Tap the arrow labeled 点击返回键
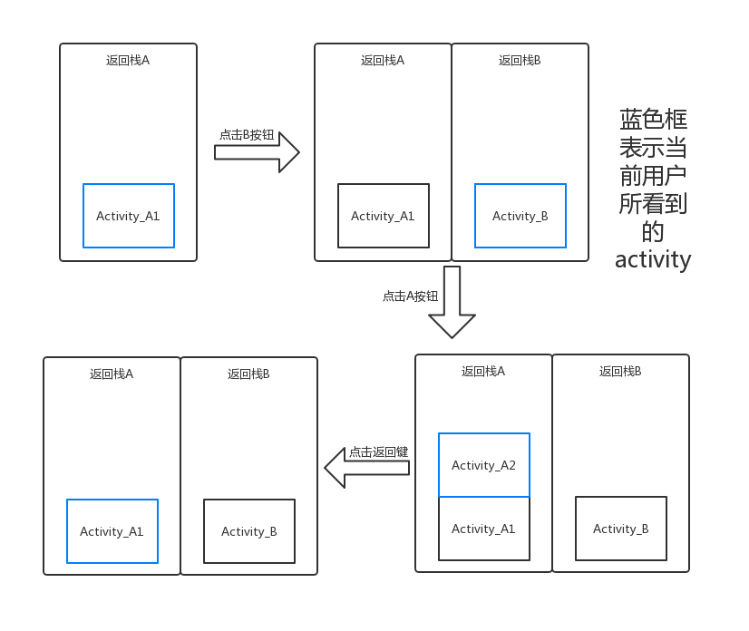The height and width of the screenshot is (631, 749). pyautogui.click(x=366, y=468)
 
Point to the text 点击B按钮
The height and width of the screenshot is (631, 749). pyautogui.click(x=247, y=134)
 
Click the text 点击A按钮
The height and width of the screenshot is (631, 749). pyautogui.click(x=410, y=296)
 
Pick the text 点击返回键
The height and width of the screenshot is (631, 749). pyautogui.click(x=379, y=451)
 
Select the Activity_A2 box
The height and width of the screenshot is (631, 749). pyautogui.click(x=484, y=465)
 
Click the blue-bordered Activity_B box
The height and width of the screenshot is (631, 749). pyautogui.click(x=520, y=216)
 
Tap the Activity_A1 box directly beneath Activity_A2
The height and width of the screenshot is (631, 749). pyautogui.click(x=484, y=529)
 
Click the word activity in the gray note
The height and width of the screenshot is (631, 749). pyautogui.click(x=653, y=259)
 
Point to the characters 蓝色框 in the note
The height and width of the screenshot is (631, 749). pyautogui.click(x=653, y=120)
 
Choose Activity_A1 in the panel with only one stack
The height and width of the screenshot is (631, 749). pyautogui.click(x=129, y=216)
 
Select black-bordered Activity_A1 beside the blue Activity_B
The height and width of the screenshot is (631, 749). pyautogui.click(x=384, y=216)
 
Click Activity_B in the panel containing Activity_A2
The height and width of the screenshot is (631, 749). pyautogui.click(x=621, y=529)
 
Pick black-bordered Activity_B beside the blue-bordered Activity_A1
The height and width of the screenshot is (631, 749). pyautogui.click(x=249, y=531)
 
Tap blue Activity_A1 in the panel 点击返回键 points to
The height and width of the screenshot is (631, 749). pyautogui.click(x=112, y=531)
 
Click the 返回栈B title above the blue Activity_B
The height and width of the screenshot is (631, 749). pyautogui.click(x=520, y=61)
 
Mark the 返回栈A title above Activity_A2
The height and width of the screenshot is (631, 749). pyautogui.click(x=483, y=372)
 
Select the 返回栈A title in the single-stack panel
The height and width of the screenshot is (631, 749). pyautogui.click(x=128, y=61)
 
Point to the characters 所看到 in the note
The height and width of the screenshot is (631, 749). pyautogui.click(x=653, y=203)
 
